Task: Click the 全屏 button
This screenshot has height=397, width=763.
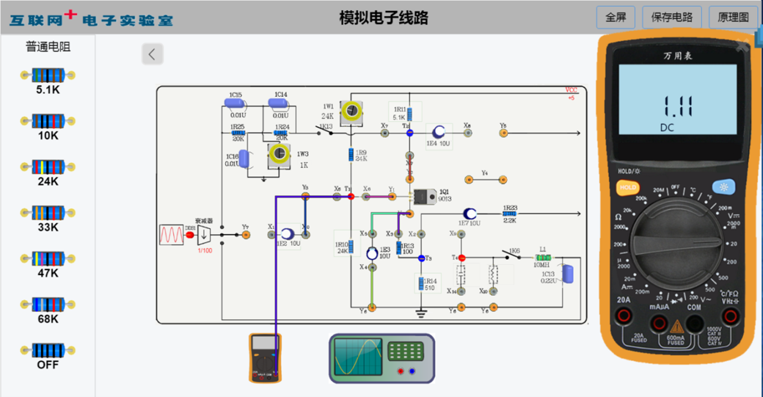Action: (615, 17)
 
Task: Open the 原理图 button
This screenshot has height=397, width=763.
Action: (733, 17)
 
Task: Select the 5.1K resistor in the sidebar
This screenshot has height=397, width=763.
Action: (47, 76)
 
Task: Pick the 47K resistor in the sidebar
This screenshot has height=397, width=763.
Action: (47, 259)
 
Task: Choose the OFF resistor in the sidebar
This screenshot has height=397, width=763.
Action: (47, 351)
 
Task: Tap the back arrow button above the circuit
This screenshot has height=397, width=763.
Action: (152, 54)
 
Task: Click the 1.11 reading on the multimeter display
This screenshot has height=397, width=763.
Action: (678, 106)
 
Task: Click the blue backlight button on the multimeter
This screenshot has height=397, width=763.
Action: (724, 187)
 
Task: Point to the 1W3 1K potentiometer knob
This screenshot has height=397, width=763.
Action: (278, 154)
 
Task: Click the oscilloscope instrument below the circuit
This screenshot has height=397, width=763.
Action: (381, 359)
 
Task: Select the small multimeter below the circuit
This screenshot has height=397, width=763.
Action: (265, 357)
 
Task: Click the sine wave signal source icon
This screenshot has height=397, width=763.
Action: (171, 235)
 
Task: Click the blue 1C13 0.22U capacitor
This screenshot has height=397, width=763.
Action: (567, 272)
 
